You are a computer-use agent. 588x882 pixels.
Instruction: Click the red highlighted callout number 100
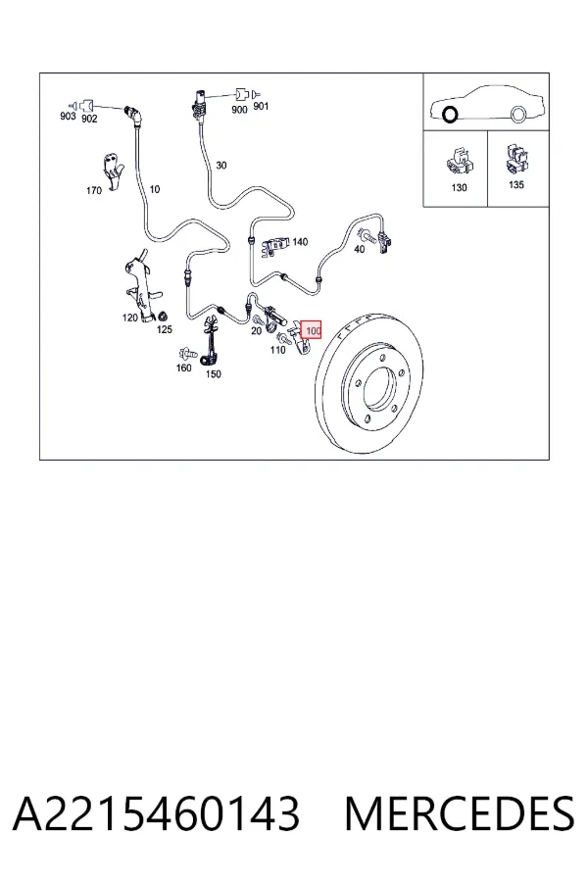[312, 330]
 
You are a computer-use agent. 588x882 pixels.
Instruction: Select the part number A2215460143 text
[156, 813]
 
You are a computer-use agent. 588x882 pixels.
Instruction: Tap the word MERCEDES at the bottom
[460, 813]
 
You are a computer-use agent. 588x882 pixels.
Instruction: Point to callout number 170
[94, 191]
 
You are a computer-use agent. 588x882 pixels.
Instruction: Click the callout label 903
[68, 116]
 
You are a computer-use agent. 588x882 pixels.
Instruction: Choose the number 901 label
[261, 106]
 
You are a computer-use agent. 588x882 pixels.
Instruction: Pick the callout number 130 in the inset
[459, 187]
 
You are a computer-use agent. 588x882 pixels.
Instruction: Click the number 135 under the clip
[516, 184]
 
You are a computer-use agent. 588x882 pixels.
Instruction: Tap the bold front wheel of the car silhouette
[450, 115]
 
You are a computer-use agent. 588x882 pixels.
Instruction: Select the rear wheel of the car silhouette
[517, 115]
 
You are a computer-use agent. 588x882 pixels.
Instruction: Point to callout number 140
[300, 242]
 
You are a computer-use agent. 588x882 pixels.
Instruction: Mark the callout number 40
[359, 249]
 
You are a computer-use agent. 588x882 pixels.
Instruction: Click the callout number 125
[164, 329]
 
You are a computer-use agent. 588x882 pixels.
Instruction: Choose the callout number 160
[184, 367]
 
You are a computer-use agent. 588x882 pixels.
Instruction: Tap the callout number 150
[214, 374]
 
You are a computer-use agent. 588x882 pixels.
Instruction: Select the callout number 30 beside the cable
[221, 166]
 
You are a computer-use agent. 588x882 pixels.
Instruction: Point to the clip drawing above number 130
[460, 162]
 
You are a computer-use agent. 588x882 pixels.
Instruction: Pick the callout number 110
[277, 350]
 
